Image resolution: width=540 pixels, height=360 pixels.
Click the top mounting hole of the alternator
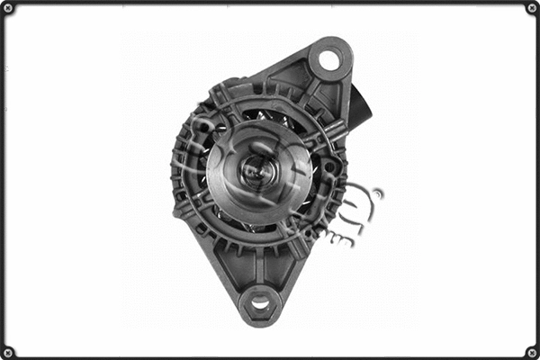point(329,60)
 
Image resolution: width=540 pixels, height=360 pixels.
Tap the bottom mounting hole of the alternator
point(260,303)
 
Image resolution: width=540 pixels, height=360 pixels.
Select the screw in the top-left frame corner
point(8,8)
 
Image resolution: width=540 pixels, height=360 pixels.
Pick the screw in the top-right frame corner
point(531,8)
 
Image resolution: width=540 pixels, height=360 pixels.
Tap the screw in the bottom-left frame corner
point(8,351)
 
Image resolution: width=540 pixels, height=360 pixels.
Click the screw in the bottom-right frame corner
point(531,351)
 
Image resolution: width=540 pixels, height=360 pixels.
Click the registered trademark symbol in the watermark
point(376,193)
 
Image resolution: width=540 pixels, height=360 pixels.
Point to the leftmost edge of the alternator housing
point(173,171)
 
